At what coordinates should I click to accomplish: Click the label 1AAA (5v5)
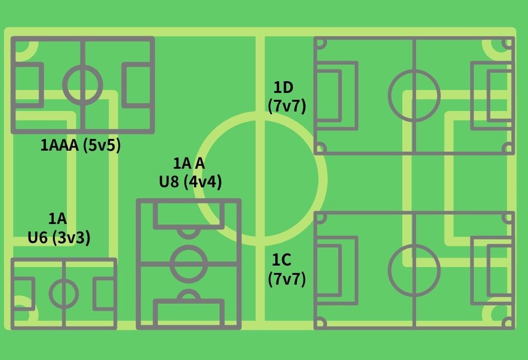pyautogui.click(x=80, y=145)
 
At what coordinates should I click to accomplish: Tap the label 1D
pyautogui.click(x=283, y=88)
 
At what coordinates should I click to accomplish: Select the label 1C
pyautogui.click(x=282, y=260)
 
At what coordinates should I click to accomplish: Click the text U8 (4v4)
pyautogui.click(x=190, y=182)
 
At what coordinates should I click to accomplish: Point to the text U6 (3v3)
pyautogui.click(x=59, y=238)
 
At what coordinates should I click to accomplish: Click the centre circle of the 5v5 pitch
pyautogui.click(x=83, y=84)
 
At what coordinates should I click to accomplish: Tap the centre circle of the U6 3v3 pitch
pyautogui.click(x=64, y=293)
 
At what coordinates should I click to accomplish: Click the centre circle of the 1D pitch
pyautogui.click(x=414, y=95)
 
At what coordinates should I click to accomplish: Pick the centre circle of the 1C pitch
pyautogui.click(x=414, y=270)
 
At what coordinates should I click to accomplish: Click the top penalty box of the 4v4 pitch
pyautogui.click(x=189, y=215)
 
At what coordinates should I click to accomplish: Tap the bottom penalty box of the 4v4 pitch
pyautogui.click(x=189, y=314)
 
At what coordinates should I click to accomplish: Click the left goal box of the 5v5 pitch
pyautogui.click(x=27, y=84)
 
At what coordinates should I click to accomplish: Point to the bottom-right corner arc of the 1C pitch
pyautogui.click(x=508, y=322)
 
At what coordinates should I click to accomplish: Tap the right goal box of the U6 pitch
pyautogui.click(x=104, y=293)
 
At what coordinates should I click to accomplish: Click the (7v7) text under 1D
pyautogui.click(x=287, y=106)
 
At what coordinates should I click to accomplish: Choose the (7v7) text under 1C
pyautogui.click(x=287, y=279)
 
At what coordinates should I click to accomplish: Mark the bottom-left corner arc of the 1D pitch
pyautogui.click(x=320, y=148)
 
